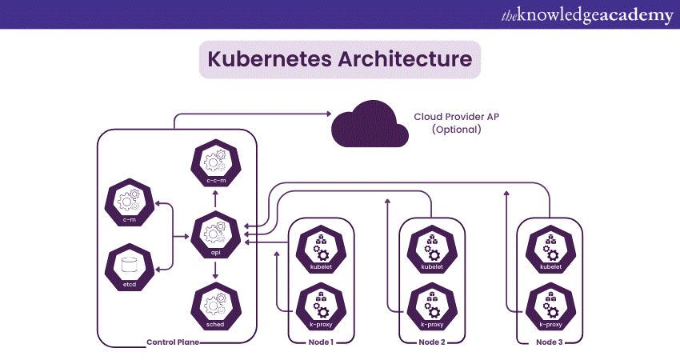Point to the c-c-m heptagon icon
pos(214,162)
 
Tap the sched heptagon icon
pos(214,304)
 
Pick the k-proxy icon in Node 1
pos(320,307)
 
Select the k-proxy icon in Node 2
pos(431,307)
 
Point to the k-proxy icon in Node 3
pos(550,307)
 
